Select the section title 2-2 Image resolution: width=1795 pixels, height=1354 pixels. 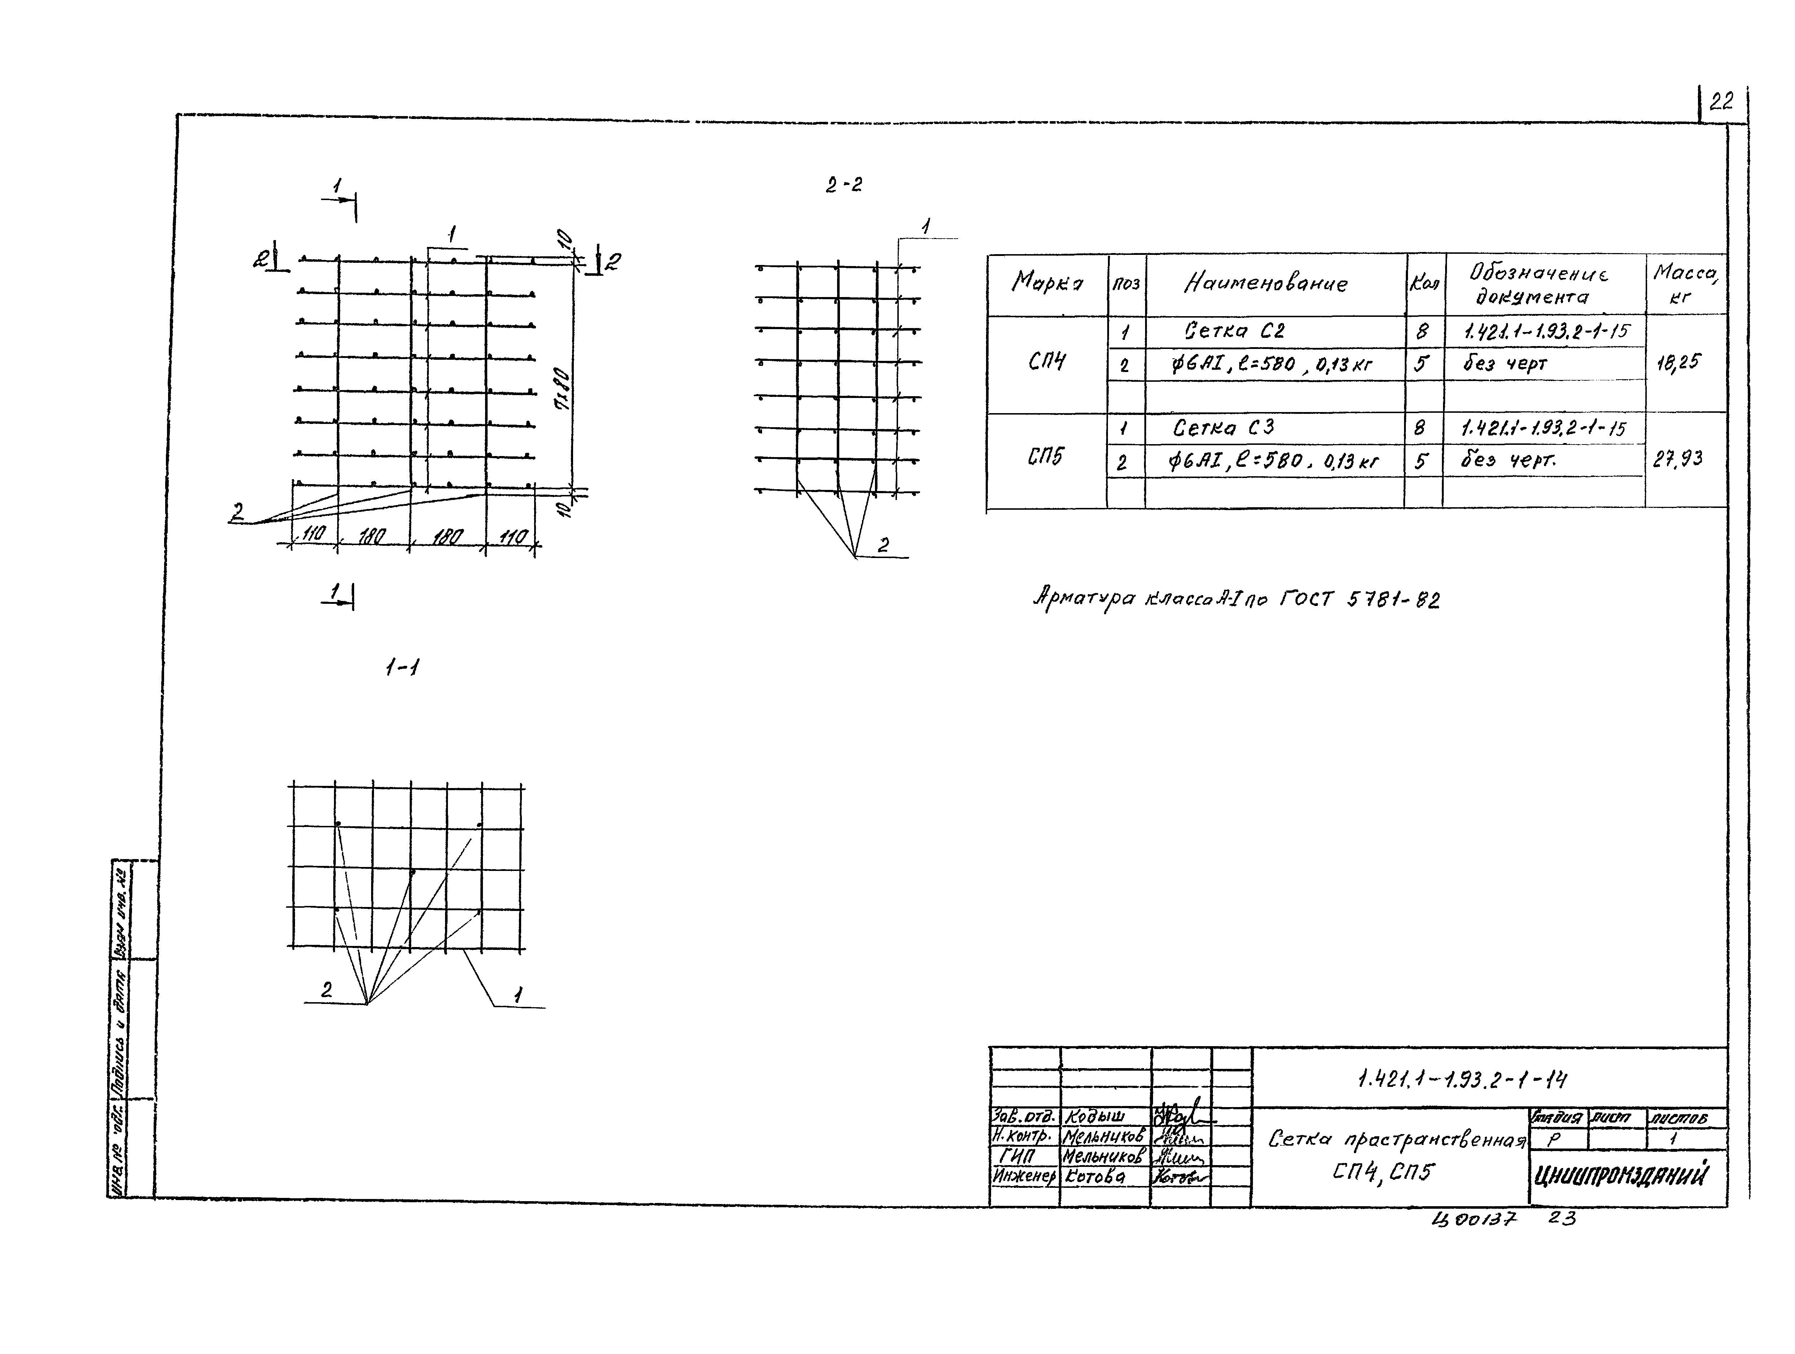pyautogui.click(x=844, y=185)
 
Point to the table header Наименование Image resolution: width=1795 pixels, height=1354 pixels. pyautogui.click(x=1266, y=283)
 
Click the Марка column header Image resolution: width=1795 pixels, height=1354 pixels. pyautogui.click(x=1047, y=282)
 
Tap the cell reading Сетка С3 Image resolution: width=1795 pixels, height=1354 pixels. pyautogui.click(x=1224, y=428)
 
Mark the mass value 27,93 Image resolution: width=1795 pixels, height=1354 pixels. pyautogui.click(x=1677, y=459)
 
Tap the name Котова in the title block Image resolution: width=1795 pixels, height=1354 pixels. pyautogui.click(x=1096, y=1176)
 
